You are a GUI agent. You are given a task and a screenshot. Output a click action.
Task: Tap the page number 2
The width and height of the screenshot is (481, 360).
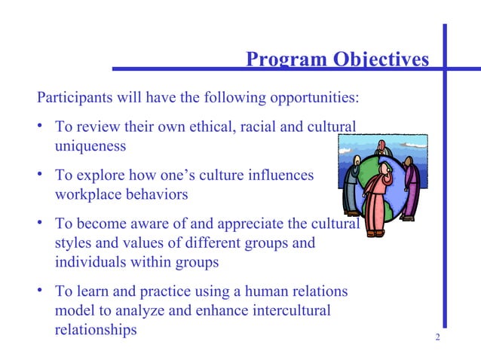pyautogui.click(x=437, y=337)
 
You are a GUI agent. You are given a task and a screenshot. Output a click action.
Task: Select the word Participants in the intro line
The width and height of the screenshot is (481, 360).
pyautogui.click(x=74, y=98)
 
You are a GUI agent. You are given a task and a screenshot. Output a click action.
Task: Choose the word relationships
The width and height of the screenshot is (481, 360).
pyautogui.click(x=97, y=330)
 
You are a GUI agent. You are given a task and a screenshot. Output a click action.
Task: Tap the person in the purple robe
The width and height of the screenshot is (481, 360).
pyautogui.click(x=410, y=188)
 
